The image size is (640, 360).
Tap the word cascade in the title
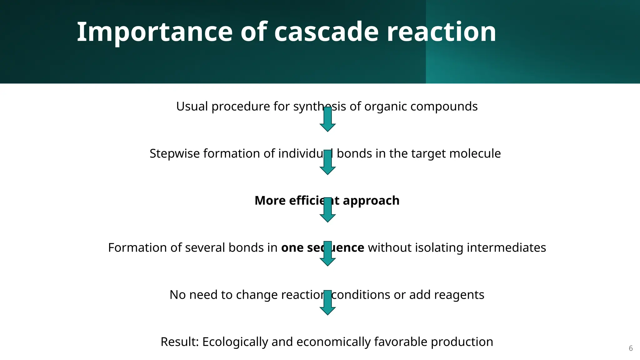pyautogui.click(x=326, y=32)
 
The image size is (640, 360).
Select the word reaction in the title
pyautogui.click(x=441, y=32)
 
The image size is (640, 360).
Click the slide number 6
pyautogui.click(x=631, y=348)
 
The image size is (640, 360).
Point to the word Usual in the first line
pyautogui.click(x=192, y=107)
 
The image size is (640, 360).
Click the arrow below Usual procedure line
pyautogui.click(x=327, y=119)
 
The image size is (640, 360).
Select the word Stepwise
pyautogui.click(x=174, y=154)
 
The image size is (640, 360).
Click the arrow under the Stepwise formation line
pyautogui.click(x=327, y=162)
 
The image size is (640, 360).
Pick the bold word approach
pyautogui.click(x=371, y=201)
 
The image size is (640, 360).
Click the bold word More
pyautogui.click(x=270, y=201)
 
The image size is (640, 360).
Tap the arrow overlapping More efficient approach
pyautogui.click(x=327, y=210)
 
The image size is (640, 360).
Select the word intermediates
pyautogui.click(x=506, y=248)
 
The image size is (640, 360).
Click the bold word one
pyautogui.click(x=292, y=248)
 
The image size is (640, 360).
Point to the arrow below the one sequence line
pyautogui.click(x=327, y=254)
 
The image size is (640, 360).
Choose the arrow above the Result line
pyautogui.click(x=327, y=303)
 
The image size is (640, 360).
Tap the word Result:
pyautogui.click(x=180, y=342)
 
